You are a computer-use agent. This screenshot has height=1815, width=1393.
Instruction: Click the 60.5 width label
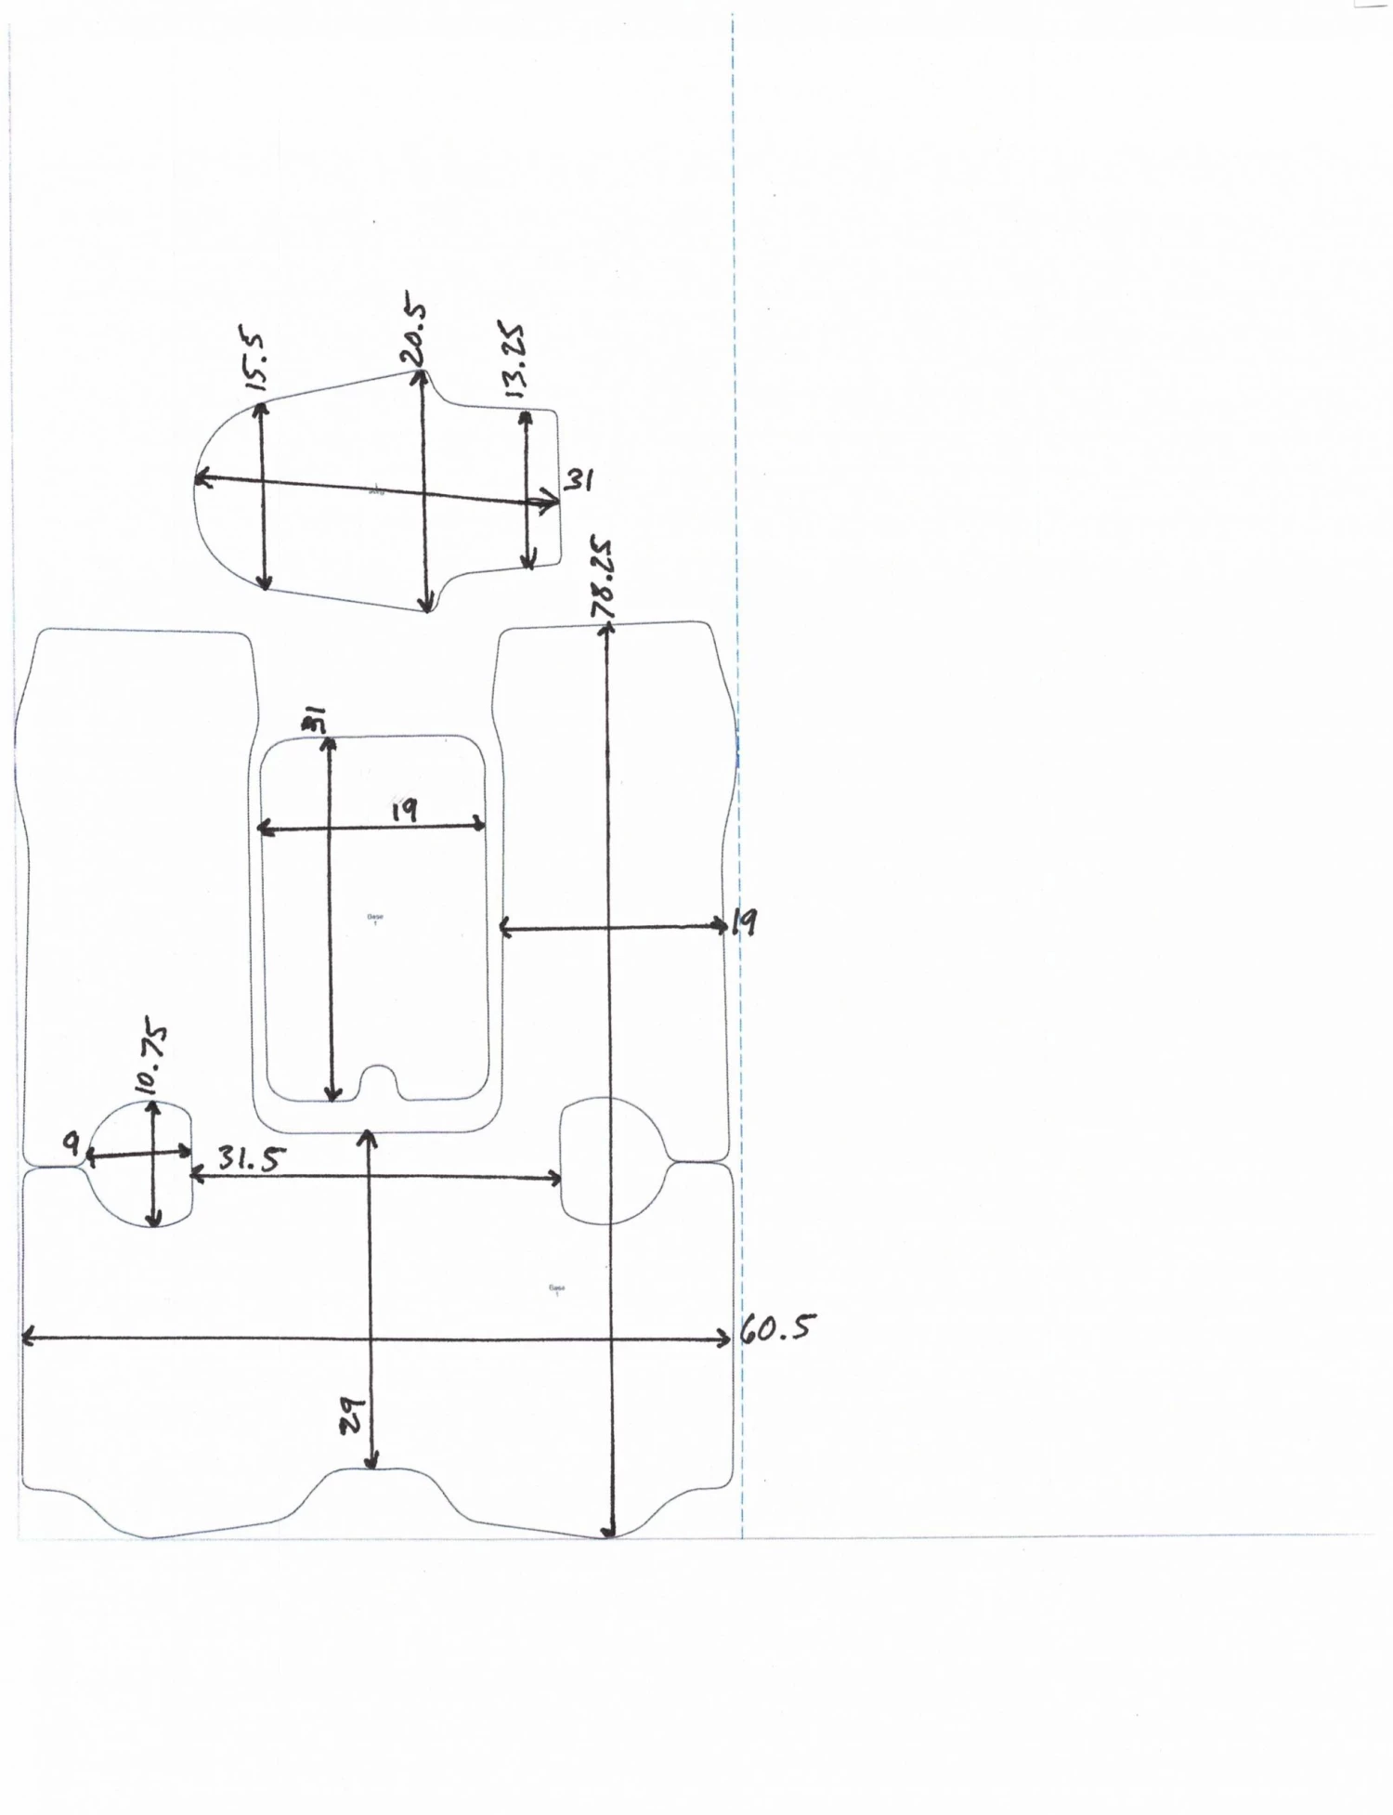778,1330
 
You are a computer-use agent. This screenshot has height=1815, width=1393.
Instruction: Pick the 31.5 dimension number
251,1158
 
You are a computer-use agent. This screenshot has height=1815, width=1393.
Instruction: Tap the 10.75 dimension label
150,1060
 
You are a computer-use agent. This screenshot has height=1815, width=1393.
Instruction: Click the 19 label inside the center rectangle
403,810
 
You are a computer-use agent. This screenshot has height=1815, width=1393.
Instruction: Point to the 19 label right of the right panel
744,922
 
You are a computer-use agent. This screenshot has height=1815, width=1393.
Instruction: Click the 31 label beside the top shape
579,480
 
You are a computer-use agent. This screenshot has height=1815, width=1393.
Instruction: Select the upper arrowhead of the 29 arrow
368,1137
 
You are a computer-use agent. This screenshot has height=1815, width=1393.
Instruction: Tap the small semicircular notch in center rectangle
379,1081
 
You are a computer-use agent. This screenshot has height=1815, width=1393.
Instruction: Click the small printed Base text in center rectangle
375,920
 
